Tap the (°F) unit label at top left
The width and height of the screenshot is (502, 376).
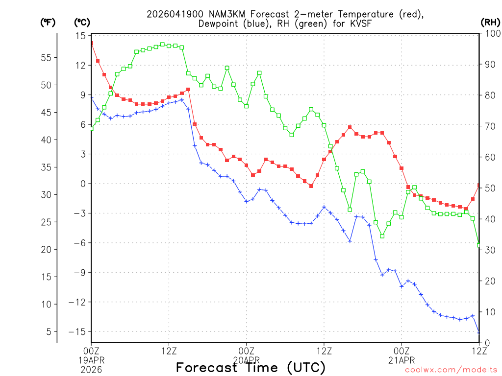48,22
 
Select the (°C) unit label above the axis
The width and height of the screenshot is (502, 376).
82,22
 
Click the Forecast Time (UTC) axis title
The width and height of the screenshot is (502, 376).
251,367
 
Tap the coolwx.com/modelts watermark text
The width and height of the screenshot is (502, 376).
451,370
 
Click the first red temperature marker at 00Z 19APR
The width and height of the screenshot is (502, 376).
92,43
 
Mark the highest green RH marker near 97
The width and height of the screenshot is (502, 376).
163,44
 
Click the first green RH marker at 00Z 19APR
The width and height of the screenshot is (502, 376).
91,128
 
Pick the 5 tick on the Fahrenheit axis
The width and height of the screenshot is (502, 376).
49,331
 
